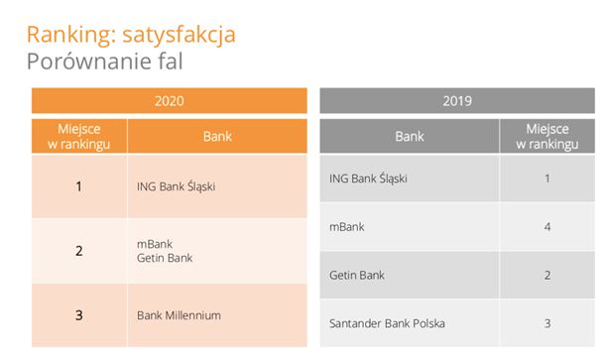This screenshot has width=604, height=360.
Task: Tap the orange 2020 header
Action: click(170, 101)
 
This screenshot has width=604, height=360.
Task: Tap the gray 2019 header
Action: click(456, 101)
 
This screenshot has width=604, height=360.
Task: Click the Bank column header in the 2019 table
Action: click(409, 137)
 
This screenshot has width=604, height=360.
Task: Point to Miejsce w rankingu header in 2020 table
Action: click(79, 137)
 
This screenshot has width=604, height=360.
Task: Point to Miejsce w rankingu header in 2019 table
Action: click(546, 137)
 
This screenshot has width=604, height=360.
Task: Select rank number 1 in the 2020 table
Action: click(79, 185)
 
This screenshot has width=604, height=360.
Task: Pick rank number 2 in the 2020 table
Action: click(79, 251)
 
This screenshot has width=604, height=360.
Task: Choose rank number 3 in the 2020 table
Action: click(79, 315)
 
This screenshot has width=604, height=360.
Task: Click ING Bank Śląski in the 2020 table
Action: click(176, 185)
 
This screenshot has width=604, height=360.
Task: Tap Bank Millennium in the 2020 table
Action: click(179, 315)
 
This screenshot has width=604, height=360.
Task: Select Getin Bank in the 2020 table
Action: click(165, 258)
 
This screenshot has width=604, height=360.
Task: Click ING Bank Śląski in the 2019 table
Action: click(368, 179)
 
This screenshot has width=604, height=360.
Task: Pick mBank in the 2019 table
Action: click(346, 227)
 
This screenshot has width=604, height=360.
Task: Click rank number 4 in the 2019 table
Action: click(546, 227)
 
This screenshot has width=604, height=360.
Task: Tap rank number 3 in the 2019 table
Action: click(546, 323)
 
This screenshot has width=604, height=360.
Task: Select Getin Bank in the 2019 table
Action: click(356, 275)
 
